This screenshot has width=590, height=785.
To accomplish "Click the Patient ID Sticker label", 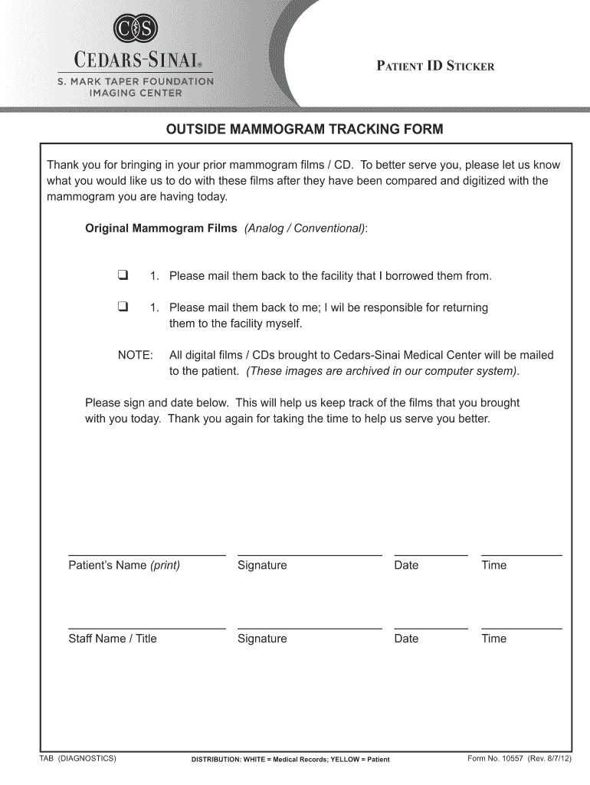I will (434, 66).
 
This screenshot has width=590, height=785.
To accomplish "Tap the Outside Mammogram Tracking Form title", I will (305, 129).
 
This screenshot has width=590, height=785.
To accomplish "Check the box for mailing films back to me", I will (122, 307).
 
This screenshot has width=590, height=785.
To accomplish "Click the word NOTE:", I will (135, 356).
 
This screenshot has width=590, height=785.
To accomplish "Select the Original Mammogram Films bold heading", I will (161, 228).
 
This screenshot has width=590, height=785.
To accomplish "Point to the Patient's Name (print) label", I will (124, 565).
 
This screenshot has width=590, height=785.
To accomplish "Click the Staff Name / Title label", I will (113, 639).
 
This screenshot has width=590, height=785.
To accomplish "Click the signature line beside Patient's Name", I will (310, 553).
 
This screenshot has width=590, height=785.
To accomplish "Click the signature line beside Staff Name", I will (310, 628).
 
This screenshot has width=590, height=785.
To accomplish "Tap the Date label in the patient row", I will (406, 565).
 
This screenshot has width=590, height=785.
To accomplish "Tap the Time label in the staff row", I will (493, 639).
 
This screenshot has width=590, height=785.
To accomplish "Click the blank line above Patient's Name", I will (147, 553).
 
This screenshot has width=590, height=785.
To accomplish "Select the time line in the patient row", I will (521, 553).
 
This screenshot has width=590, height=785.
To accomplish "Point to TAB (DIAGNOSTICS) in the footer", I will (77, 759).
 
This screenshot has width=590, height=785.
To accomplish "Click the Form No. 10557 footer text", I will (520, 759).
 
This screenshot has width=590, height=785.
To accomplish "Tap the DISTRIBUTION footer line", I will (290, 760).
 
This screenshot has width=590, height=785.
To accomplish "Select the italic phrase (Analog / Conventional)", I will (306, 228).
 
